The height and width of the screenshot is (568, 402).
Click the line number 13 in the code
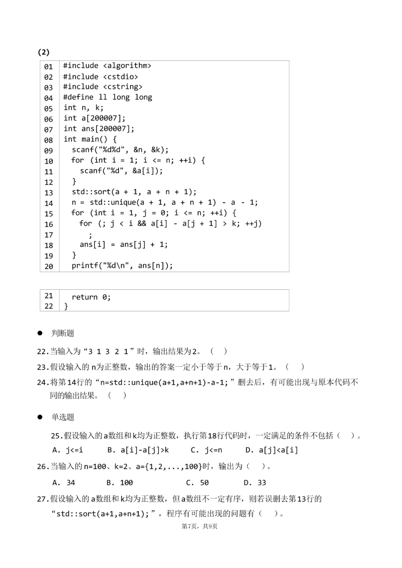tap(49, 193)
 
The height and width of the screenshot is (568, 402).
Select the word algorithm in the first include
tap(127, 66)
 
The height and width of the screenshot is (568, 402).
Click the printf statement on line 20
tap(122, 266)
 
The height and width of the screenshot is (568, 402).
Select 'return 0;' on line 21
tap(91, 297)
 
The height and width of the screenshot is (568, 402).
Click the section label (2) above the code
tap(44, 52)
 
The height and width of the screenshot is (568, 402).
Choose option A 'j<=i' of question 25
tap(68, 450)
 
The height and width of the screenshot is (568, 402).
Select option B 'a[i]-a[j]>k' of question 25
tap(138, 450)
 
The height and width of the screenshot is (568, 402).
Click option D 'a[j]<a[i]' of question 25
tap(272, 450)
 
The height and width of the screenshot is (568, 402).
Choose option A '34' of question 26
tap(64, 482)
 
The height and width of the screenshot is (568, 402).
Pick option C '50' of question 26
tap(198, 482)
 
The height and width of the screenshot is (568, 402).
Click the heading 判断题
tap(63, 333)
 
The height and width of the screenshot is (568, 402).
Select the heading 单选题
tap(63, 417)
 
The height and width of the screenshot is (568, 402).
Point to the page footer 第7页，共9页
tap(200, 526)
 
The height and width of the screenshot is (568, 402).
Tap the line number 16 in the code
tap(49, 224)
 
